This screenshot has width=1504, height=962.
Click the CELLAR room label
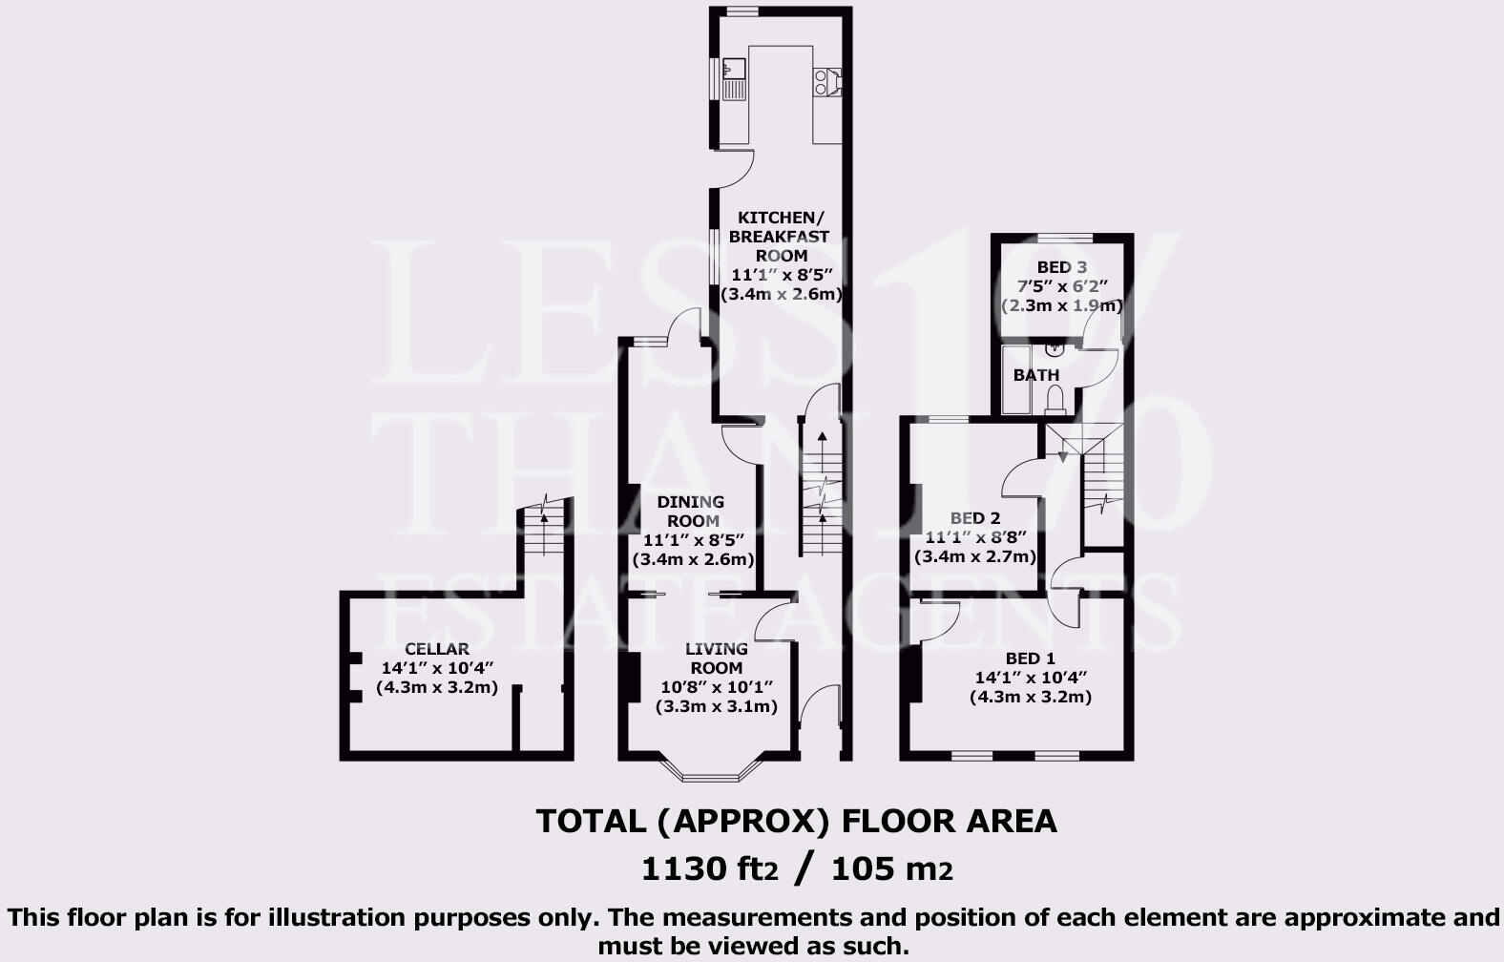436,649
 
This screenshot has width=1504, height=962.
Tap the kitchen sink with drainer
734,79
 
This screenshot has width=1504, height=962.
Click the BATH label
1035,375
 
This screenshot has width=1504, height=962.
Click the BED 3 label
1061,268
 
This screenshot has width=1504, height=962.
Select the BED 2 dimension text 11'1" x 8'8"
974,538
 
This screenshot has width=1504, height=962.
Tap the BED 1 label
1030,659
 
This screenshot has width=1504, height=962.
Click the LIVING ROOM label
716,659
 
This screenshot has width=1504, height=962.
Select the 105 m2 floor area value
891,869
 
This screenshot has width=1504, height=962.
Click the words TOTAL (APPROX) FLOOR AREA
796,822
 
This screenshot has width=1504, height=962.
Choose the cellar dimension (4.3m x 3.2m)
436,687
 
